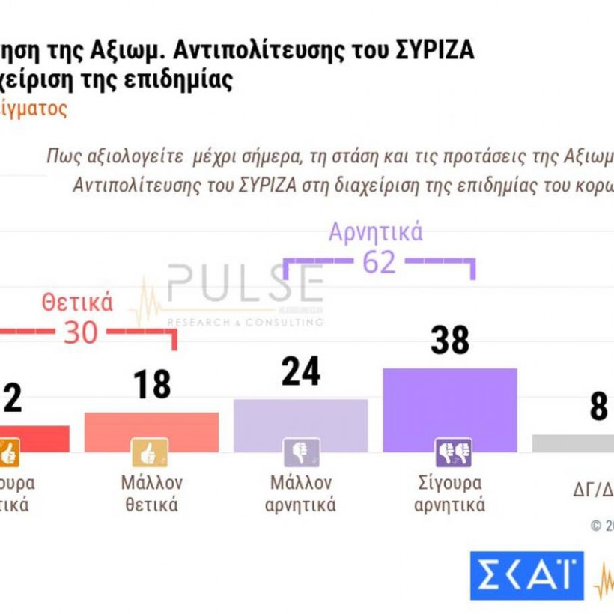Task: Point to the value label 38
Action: coord(449,341)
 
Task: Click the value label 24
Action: coord(300,372)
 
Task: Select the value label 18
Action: coord(152,385)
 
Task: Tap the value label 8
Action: coord(598,408)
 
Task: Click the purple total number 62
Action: coord(379,263)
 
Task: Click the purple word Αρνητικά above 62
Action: coord(376,232)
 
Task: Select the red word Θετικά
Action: coord(77,303)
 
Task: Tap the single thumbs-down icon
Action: coord(300,452)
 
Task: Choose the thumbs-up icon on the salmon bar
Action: coord(150,452)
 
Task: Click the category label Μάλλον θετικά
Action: coord(151,493)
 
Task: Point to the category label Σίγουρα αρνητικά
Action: coord(449,493)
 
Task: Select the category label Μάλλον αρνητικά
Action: coord(300,493)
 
